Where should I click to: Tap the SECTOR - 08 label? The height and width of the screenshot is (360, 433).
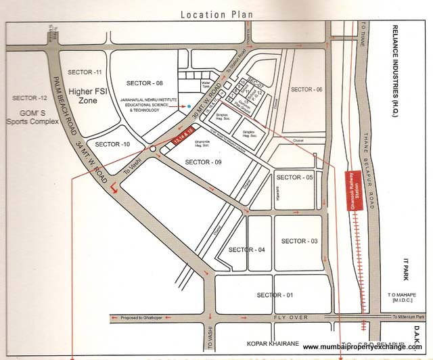coord(145,83)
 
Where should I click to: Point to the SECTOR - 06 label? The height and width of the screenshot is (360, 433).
coord(306,90)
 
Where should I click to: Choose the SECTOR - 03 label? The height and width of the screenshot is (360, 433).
coord(298,241)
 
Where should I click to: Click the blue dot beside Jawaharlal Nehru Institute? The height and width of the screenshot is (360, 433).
coord(189,106)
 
